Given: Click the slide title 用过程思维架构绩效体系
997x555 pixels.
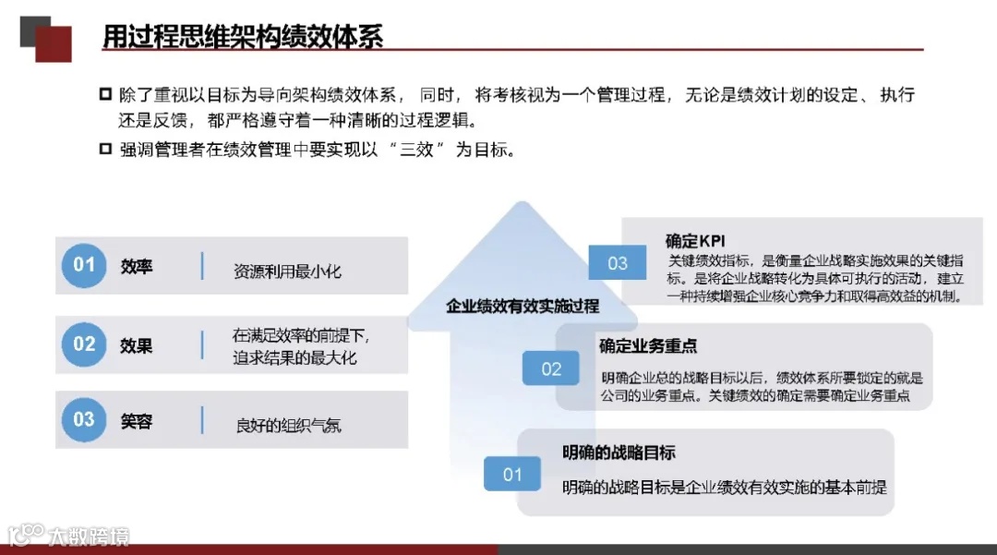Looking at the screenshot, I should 242,36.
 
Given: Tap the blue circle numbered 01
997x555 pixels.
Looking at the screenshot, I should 84,266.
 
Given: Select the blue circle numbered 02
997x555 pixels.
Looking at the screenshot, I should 84,344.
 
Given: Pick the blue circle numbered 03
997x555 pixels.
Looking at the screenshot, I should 84,420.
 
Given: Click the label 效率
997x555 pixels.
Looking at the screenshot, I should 137,266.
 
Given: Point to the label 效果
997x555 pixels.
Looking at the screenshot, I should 137,345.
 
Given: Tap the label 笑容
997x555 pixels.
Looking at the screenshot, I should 137,421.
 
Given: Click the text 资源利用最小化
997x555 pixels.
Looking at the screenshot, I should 287,271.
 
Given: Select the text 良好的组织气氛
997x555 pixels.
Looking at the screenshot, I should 288,426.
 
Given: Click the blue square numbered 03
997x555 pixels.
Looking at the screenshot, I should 618,263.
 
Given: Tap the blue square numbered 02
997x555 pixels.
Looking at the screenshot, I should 551,369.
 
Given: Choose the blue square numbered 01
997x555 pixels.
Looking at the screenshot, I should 512,475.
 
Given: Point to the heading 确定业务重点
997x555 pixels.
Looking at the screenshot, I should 648,346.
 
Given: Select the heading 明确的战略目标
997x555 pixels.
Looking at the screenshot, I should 619,452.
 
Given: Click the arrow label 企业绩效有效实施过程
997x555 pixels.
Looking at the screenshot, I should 523,306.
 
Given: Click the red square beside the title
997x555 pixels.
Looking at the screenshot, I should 54,43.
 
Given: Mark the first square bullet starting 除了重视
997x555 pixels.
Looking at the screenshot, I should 105,95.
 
